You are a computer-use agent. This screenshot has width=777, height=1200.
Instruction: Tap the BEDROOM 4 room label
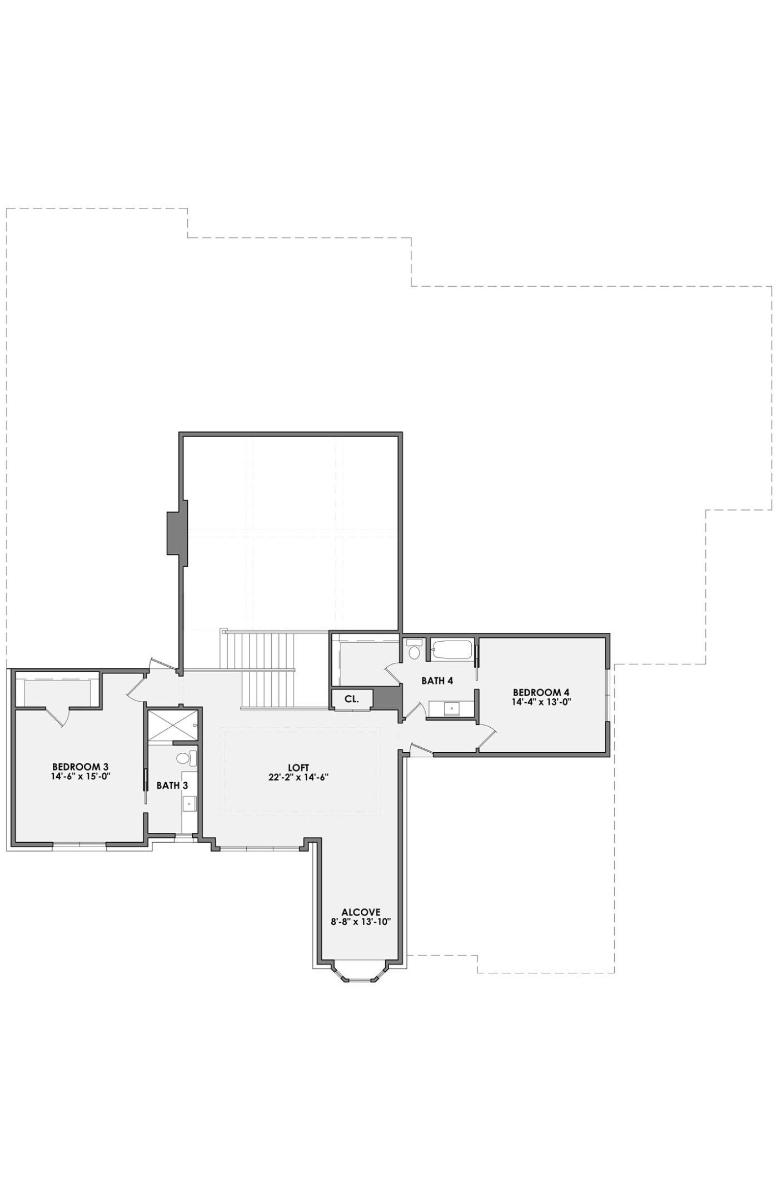(541, 692)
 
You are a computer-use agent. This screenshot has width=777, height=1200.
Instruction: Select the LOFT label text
(298, 768)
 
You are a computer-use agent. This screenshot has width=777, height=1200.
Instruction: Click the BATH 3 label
(172, 786)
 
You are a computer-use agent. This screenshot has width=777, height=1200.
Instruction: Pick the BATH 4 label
(437, 681)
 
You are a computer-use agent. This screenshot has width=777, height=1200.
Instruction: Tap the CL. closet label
(351, 699)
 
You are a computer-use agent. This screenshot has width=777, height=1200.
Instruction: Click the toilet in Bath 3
(187, 758)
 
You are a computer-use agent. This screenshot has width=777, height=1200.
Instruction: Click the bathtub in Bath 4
(452, 649)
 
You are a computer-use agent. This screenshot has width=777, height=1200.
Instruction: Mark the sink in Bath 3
(190, 803)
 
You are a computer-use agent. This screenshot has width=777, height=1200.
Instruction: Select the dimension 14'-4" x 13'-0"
(541, 702)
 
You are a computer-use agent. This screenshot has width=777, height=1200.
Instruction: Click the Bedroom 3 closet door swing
(58, 717)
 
